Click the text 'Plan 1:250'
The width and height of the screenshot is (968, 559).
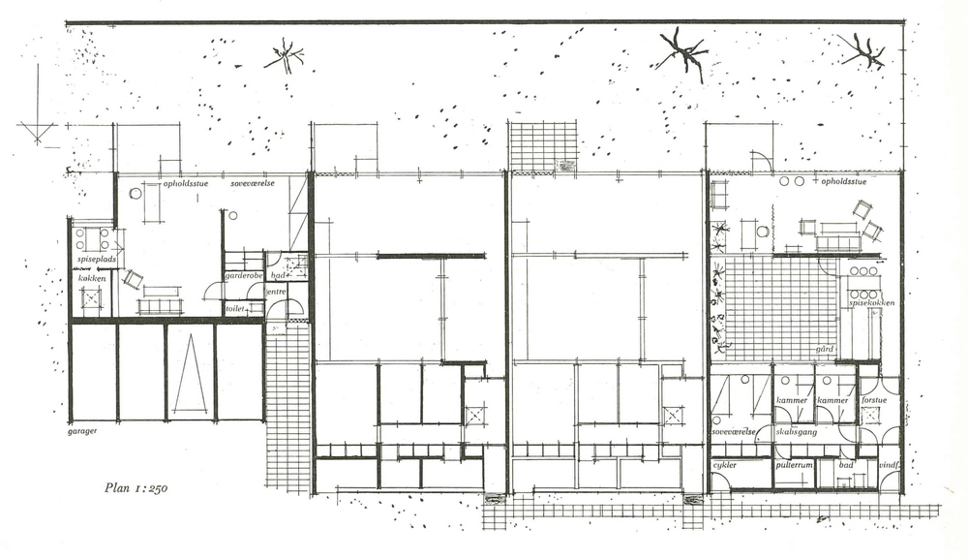(x=136, y=488)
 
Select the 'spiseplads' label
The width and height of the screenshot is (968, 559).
(x=95, y=260)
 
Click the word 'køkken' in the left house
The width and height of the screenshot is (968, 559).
(x=93, y=278)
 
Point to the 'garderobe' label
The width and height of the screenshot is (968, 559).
(x=242, y=275)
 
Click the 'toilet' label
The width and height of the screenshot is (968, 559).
(x=235, y=308)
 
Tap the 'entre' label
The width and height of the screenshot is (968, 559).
(x=277, y=291)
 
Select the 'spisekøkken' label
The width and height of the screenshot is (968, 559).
(x=871, y=303)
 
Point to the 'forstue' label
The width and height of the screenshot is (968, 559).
(x=874, y=400)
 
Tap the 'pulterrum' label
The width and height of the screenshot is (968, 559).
(x=795, y=466)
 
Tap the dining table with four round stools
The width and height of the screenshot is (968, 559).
(x=93, y=237)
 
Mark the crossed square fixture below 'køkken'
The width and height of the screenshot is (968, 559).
(x=91, y=298)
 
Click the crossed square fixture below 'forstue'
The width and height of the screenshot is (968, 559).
(x=870, y=416)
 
